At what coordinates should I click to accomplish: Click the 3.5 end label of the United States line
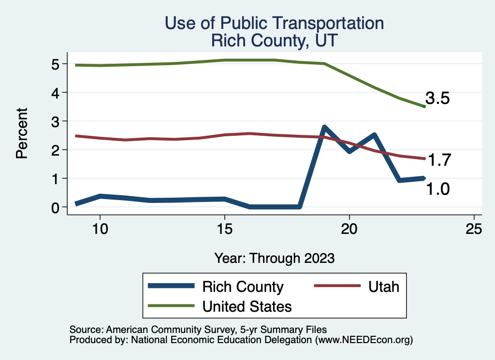pos(437,99)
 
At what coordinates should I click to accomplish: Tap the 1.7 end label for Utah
pos(440,160)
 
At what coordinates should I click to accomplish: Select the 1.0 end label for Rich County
pos(437,189)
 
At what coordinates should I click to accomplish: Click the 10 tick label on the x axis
pos(100,229)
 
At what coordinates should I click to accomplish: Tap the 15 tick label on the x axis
pos(224,229)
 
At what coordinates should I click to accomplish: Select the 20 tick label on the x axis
pos(349,229)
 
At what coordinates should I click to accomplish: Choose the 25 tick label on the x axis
pos(474,229)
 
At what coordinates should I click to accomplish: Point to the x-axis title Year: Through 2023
pos(274,258)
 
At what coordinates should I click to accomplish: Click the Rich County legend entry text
pos(243,287)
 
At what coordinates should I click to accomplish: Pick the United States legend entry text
pos(247,306)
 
